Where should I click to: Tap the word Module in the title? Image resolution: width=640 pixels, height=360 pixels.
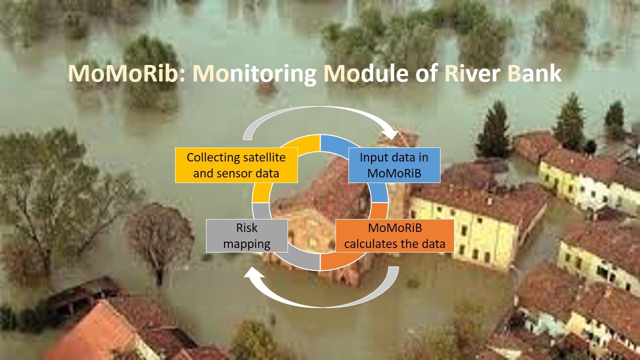pos(365,73)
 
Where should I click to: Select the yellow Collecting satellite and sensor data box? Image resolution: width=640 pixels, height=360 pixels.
pos(236,165)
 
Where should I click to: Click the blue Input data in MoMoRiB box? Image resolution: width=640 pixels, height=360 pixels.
pos(394,165)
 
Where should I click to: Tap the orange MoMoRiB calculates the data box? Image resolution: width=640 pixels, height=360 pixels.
pos(394,235)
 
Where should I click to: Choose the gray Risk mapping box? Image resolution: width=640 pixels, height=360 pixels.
pos(247,235)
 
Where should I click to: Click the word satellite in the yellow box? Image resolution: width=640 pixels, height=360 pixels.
pos(264,157)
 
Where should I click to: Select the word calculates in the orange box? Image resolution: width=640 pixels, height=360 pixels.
pos(370,244)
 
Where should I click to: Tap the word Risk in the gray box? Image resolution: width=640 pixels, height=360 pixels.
pos(247,228)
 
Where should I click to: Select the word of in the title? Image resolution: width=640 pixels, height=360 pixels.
pos(426,73)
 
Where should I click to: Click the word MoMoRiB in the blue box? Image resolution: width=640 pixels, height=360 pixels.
pos(394,173)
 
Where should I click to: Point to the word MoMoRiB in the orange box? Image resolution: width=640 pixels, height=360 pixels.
pos(395,228)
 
